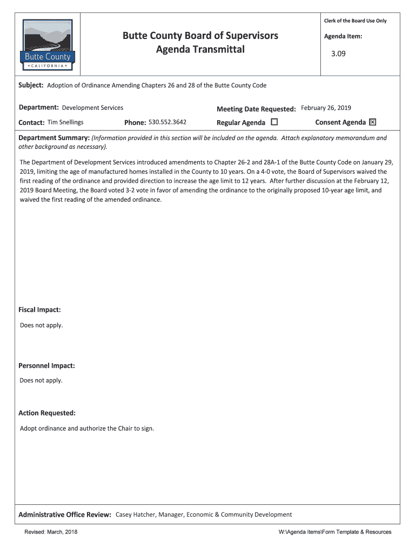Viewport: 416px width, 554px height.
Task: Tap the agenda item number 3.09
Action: pos(338,54)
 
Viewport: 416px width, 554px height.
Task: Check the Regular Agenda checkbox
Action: pos(274,122)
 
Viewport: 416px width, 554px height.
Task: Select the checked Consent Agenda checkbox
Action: pos(372,122)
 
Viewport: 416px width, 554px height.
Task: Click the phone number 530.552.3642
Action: pos(167,122)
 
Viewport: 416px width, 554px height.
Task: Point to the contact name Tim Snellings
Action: pos(65,122)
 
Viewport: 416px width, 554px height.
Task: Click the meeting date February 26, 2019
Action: pos(326,108)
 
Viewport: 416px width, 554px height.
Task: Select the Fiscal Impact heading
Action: pos(39,310)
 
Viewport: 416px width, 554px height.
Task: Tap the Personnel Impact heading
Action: pos(46,366)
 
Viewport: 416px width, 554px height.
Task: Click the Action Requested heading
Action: pos(47,413)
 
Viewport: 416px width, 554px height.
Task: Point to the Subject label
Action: pos(31,85)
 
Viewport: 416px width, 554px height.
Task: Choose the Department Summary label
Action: pos(54,138)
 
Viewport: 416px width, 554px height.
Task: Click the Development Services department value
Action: pos(92,108)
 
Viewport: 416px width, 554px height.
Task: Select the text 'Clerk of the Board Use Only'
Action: pos(355,21)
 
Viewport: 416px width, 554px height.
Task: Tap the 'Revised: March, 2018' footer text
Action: pos(51,532)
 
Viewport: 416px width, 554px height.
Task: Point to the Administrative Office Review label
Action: pos(65,515)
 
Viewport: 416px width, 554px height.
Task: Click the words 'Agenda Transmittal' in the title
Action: pos(200,50)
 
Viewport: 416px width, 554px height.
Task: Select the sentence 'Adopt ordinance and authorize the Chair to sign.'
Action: pos(87,428)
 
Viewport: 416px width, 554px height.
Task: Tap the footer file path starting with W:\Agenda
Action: pos(335,532)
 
